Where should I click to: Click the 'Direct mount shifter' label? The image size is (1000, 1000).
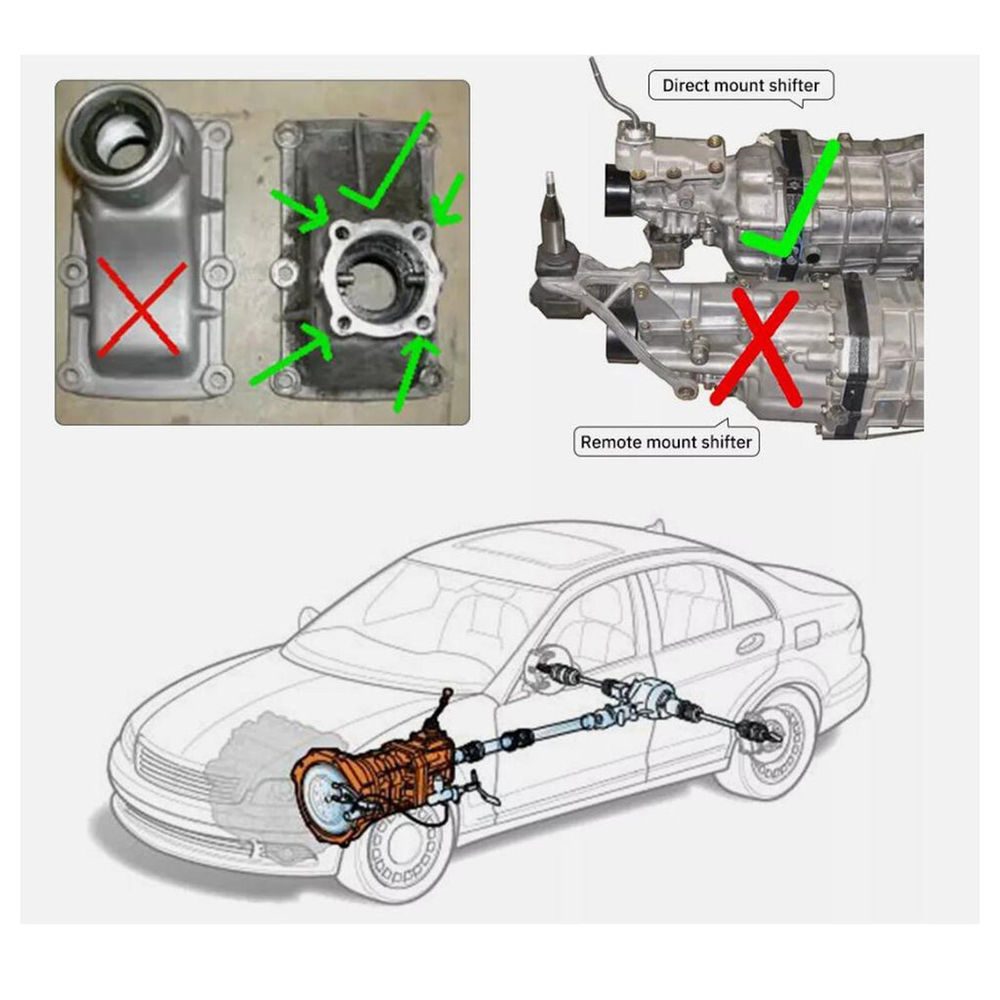coord(740,86)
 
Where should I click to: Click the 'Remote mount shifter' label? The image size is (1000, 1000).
coord(666,442)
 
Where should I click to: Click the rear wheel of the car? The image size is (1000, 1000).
coord(774,740)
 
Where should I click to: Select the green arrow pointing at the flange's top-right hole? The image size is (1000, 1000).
coord(448,199)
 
